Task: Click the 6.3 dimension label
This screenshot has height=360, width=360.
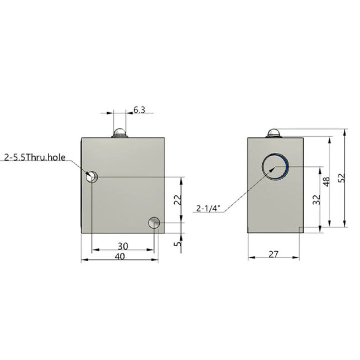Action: pyautogui.click(x=139, y=111)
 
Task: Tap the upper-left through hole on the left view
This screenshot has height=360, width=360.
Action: pyautogui.click(x=92, y=177)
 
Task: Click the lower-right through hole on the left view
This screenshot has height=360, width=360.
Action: pyautogui.click(x=155, y=224)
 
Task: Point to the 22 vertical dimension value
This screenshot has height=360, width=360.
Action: pyautogui.click(x=177, y=200)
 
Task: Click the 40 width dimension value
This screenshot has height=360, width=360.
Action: pyautogui.click(x=118, y=256)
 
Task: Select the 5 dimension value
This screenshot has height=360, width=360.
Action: pyautogui.click(x=177, y=244)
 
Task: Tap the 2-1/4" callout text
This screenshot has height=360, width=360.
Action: pyautogui.click(x=209, y=209)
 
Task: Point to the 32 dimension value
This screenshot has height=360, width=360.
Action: pyautogui.click(x=316, y=200)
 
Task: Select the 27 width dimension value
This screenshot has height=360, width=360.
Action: pyautogui.click(x=273, y=254)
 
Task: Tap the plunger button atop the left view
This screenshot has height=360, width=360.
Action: pyautogui.click(x=119, y=132)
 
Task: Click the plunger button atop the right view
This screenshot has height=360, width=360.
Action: pyautogui.click(x=273, y=133)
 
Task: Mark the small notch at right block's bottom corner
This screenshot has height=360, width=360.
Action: pyautogui.click(x=301, y=230)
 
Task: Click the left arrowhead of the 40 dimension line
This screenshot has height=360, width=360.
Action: pyautogui.click(x=84, y=260)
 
